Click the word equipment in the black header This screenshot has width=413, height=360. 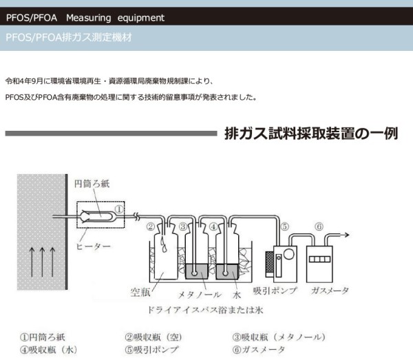141,18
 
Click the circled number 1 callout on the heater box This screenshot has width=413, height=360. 119,209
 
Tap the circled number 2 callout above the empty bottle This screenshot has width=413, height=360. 151,226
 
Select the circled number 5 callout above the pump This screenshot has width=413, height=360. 285,226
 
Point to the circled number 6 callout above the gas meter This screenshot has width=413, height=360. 319,226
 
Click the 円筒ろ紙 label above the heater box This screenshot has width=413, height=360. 92,184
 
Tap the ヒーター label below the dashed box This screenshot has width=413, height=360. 93,246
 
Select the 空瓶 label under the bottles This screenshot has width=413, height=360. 140,292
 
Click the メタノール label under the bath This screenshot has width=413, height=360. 200,295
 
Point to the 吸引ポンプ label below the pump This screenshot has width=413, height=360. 275,290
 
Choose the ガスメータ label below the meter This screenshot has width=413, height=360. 330,290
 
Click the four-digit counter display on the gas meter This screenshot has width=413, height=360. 319,259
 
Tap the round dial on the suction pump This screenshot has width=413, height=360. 288,254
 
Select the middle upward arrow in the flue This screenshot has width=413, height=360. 42,262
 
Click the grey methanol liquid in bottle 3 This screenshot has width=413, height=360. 197,271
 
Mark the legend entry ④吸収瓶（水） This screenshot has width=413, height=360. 49,350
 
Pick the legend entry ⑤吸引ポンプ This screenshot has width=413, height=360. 151,350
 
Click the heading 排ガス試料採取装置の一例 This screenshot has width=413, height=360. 311,134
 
